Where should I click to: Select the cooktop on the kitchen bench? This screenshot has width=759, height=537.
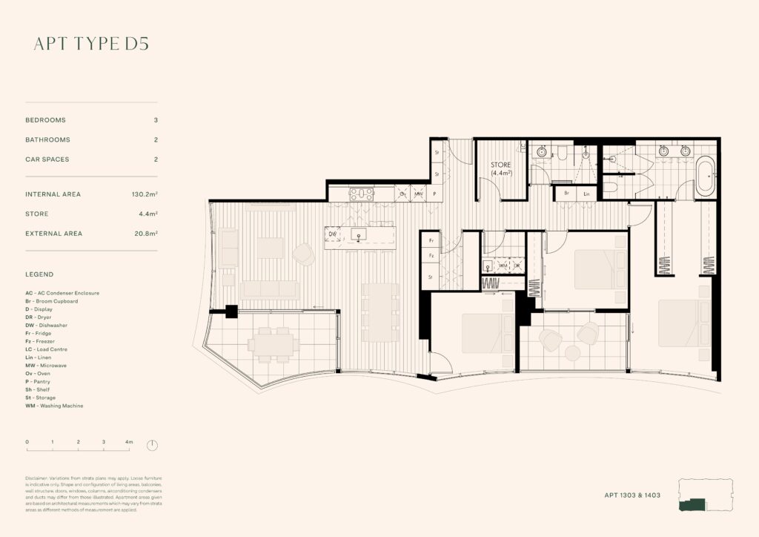click(361, 194)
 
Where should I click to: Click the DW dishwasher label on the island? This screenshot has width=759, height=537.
click(332, 235)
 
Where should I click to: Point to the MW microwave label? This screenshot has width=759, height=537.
click(419, 194)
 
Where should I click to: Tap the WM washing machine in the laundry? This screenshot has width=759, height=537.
click(503, 265)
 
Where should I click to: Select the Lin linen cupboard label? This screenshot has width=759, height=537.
click(586, 193)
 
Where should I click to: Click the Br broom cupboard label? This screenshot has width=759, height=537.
click(566, 193)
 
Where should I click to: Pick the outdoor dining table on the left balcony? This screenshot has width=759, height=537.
click(274, 343)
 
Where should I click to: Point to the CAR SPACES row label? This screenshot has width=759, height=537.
click(47, 159)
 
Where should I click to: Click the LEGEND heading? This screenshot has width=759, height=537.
click(39, 274)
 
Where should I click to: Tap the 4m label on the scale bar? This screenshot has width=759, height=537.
click(129, 442)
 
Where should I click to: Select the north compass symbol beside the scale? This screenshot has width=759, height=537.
click(152, 446)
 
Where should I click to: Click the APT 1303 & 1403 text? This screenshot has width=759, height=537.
click(632, 494)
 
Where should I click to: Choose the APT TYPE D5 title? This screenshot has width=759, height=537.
click(91, 44)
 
